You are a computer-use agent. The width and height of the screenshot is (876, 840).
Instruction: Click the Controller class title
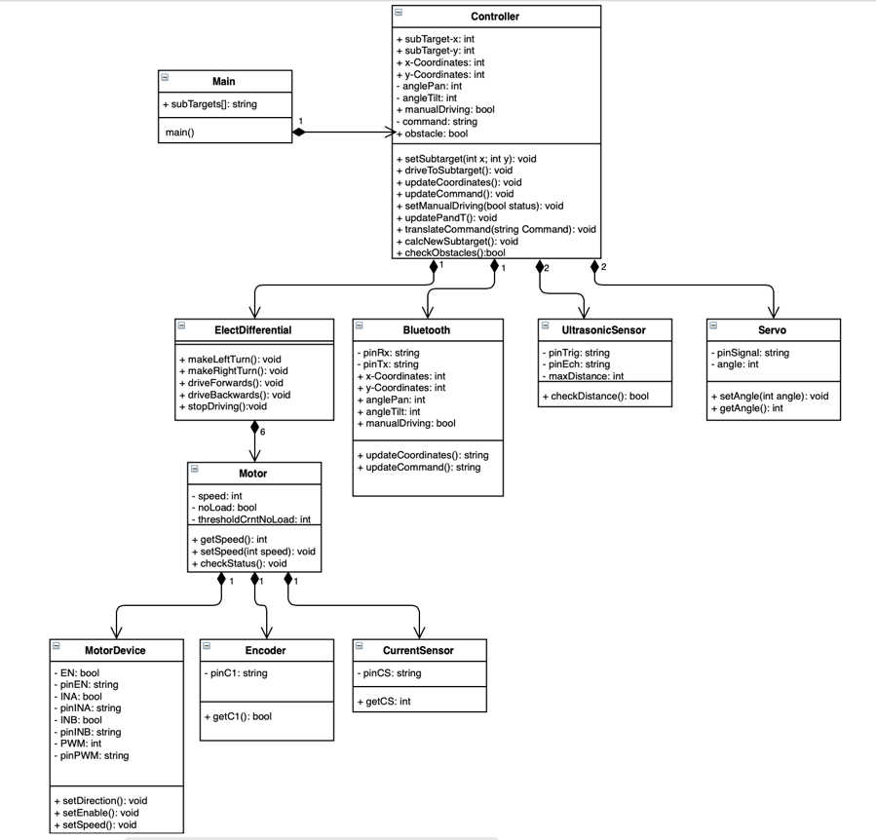[x=495, y=17]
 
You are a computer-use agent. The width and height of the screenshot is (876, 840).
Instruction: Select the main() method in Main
[x=180, y=133]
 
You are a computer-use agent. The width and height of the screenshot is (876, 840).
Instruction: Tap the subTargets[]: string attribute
[x=210, y=104]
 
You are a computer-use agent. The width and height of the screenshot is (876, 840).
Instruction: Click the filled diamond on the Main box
[x=299, y=132]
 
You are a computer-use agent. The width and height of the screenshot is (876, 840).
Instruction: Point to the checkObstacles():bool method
[x=451, y=252]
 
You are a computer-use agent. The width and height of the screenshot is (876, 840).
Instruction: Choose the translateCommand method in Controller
[x=496, y=229]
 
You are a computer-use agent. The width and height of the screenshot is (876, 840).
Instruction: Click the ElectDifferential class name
[x=253, y=330]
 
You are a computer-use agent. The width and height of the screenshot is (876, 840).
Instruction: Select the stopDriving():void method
[x=223, y=406]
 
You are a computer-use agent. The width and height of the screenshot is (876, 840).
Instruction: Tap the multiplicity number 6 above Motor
[x=262, y=432]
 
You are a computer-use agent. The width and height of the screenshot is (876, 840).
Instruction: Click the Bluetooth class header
[x=426, y=330]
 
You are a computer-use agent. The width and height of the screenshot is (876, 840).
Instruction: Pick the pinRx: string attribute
[x=388, y=353]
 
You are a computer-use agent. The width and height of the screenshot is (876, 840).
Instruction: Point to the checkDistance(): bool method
[x=595, y=397]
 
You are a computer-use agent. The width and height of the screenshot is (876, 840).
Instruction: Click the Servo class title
[x=772, y=330]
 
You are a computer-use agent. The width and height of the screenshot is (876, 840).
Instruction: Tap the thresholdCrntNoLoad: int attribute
[x=251, y=519]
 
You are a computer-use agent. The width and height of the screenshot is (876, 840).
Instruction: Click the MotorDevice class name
[x=115, y=651]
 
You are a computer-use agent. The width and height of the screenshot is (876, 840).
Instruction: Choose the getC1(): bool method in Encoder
[x=238, y=716]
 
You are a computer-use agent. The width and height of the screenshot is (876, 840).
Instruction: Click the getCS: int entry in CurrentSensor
[x=384, y=702]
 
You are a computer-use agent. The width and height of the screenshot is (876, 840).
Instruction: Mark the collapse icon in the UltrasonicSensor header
[x=546, y=325]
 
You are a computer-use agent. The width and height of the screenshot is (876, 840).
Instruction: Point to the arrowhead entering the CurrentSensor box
[x=420, y=632]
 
